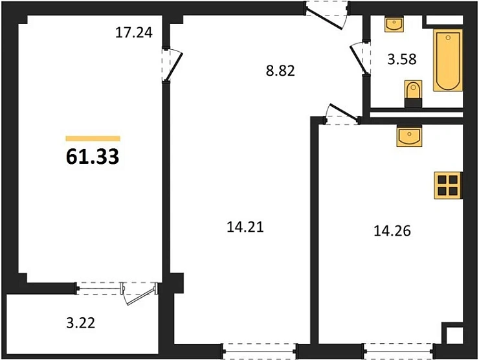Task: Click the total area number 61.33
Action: pos(93,157)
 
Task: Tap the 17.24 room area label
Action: pos(134,33)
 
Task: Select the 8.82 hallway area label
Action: pos(280,71)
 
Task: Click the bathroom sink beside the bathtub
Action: pos(393,25)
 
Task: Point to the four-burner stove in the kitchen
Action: pos(447,184)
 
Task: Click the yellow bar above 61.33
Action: pos(93,138)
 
